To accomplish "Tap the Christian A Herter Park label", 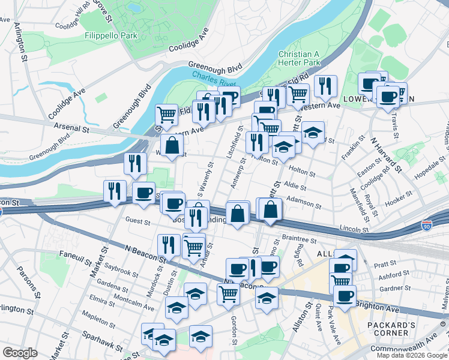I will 299,58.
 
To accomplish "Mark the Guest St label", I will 137,221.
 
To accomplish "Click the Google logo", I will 20,353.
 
